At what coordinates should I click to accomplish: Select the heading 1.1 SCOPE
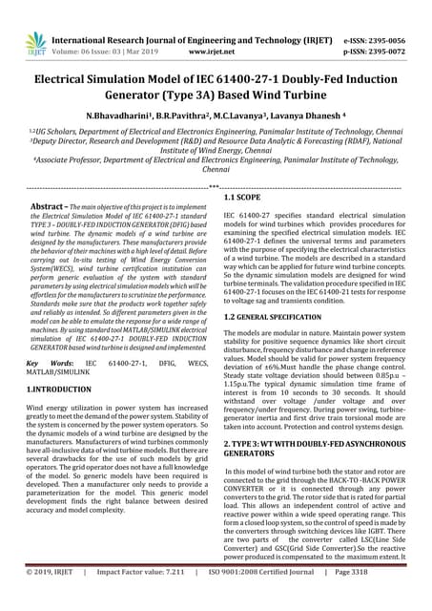point(244,198)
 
